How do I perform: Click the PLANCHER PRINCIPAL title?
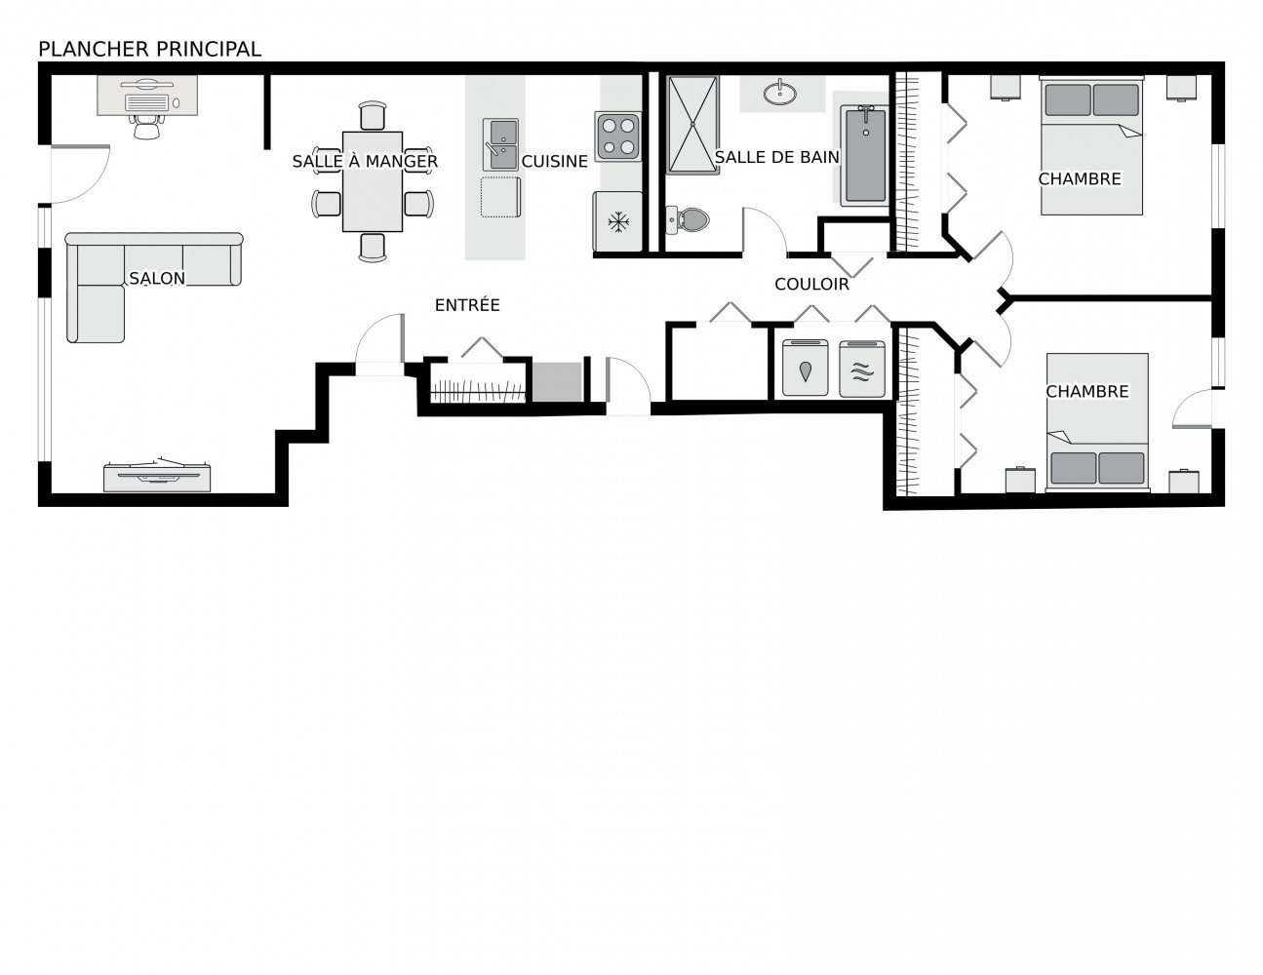(149, 50)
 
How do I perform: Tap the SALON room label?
(157, 278)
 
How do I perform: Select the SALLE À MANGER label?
(365, 162)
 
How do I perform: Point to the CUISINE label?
(554, 162)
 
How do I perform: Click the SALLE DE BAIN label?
(776, 157)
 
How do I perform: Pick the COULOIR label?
(811, 284)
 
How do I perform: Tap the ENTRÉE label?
(467, 304)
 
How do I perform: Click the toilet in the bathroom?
(688, 219)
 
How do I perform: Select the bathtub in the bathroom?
(865, 156)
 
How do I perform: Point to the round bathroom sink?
(779, 93)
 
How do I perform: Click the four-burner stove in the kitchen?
(617, 136)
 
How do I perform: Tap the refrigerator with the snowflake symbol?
(617, 222)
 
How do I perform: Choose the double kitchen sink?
(500, 144)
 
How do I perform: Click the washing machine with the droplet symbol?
(805, 369)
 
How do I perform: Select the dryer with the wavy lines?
(862, 369)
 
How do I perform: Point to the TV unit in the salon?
(157, 475)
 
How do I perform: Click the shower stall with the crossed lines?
(692, 125)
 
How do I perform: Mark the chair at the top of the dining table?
(373, 116)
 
